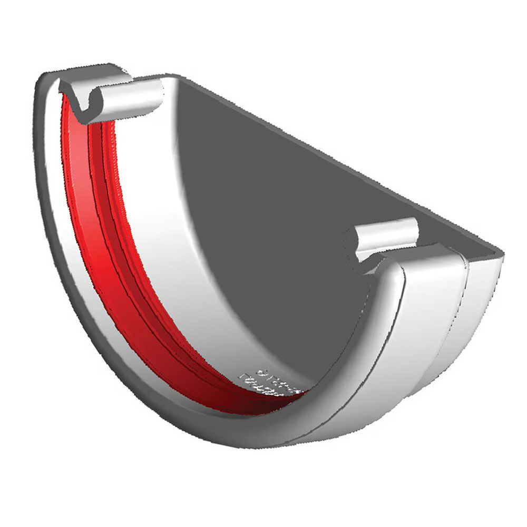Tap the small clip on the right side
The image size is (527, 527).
[387, 237]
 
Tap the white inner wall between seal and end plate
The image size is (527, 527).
[158, 221]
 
